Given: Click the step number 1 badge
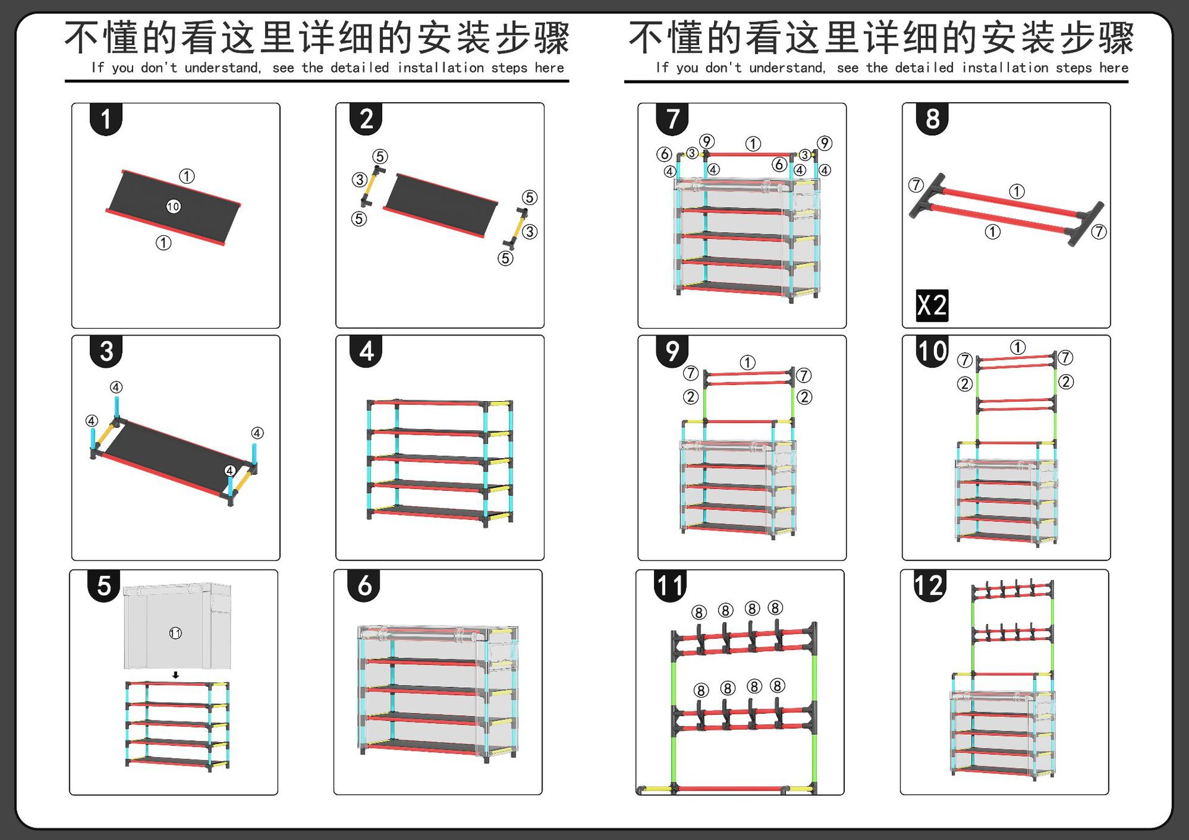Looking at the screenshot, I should click(106, 119).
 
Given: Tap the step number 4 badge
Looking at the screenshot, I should click(367, 351).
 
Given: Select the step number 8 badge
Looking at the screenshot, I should click(932, 119).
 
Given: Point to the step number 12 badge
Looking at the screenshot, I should click(929, 585).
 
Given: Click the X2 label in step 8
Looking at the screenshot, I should click(932, 305).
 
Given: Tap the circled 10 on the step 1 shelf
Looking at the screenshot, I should click(173, 206).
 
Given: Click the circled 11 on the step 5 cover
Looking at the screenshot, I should click(175, 633).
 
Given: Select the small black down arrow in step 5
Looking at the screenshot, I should click(176, 675).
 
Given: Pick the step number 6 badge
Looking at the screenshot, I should click(365, 585).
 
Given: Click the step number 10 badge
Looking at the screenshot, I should click(932, 351).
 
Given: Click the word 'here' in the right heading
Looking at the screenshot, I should click(1113, 67).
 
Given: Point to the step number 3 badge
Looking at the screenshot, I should click(106, 351).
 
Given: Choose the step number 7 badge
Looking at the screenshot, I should click(673, 119).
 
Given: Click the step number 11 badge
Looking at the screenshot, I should click(671, 585).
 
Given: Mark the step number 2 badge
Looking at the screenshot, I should click(367, 119).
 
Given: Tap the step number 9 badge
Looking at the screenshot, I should click(673, 351).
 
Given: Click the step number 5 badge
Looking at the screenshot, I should click(104, 585).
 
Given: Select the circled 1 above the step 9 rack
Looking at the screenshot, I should click(747, 363).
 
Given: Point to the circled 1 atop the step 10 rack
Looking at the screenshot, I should click(1017, 347).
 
